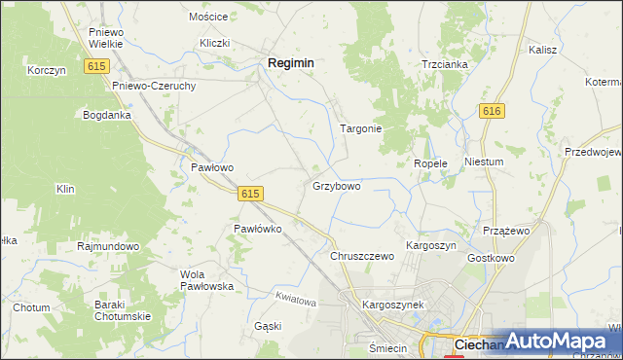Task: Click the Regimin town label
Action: click(x=290, y=62)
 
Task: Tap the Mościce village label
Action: click(x=208, y=18)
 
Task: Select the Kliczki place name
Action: click(x=214, y=43)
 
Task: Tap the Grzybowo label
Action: click(x=337, y=185)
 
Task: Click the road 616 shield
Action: click(x=492, y=112)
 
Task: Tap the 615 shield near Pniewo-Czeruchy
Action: click(x=95, y=66)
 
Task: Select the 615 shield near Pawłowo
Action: click(x=249, y=194)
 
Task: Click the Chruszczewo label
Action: click(x=361, y=256)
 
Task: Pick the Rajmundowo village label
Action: click(x=108, y=247)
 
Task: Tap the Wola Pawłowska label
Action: click(x=206, y=280)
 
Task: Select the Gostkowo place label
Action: click(x=491, y=259)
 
